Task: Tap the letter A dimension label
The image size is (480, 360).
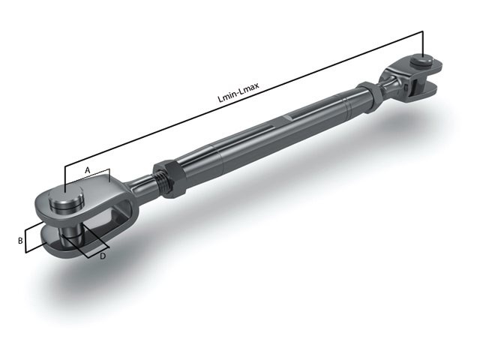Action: click(87, 171)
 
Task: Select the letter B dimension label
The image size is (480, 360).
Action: click(21, 241)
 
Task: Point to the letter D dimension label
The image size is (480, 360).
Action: click(102, 256)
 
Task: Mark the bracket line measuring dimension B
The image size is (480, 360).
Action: click(25, 240)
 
